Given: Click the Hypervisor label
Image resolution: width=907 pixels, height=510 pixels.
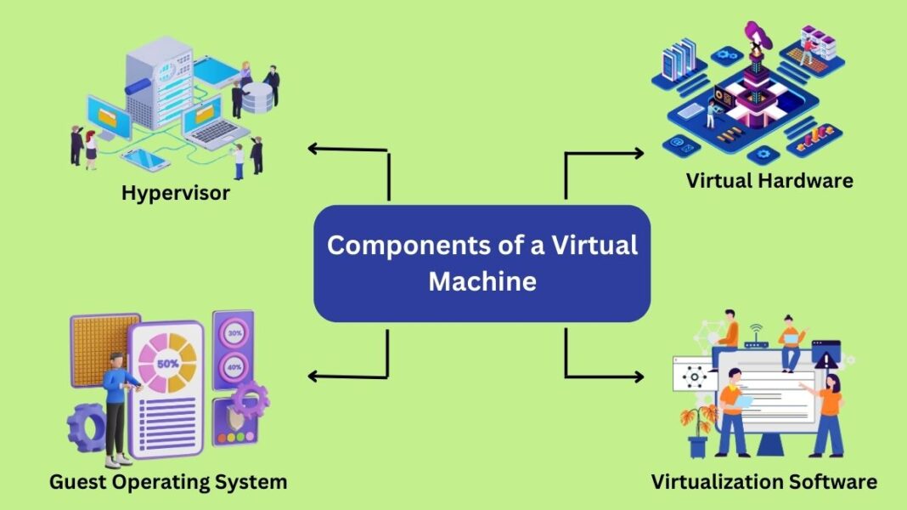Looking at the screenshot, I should [175, 193].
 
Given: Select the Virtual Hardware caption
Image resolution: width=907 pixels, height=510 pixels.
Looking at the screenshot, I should [769, 180].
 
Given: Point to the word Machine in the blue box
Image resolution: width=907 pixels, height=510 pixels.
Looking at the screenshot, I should [482, 280].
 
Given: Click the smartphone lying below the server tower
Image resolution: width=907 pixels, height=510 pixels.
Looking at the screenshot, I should [145, 158].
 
